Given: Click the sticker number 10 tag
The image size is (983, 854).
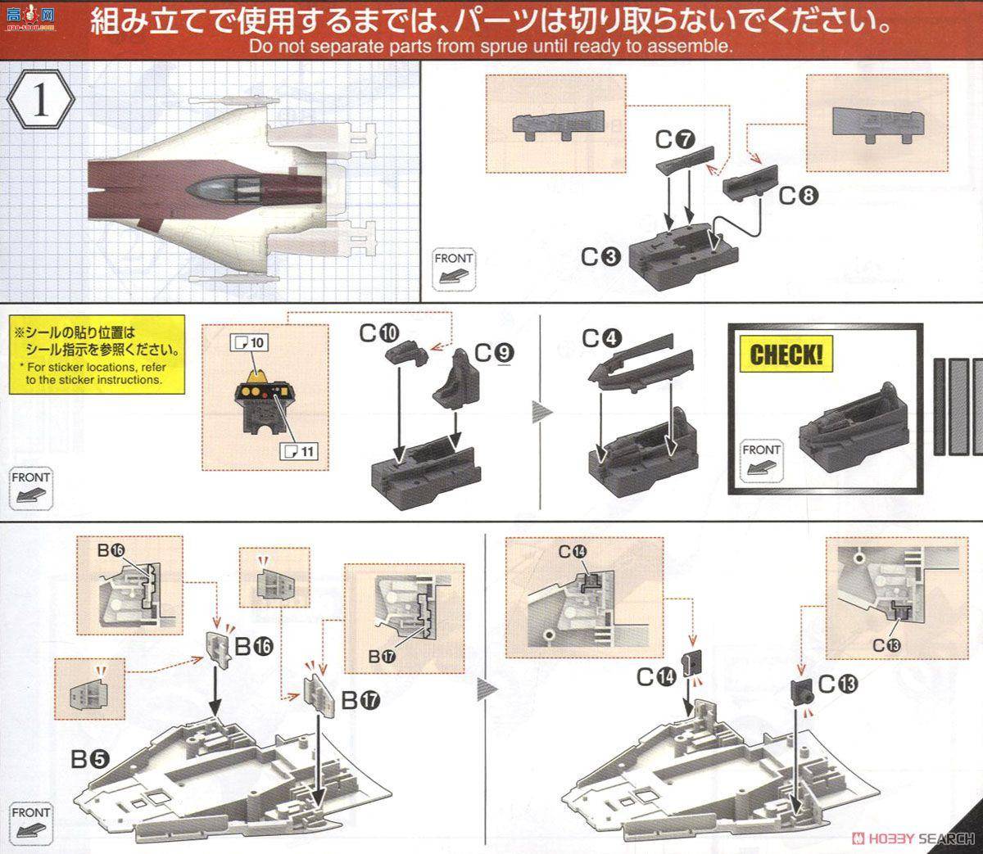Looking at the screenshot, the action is (x=251, y=343).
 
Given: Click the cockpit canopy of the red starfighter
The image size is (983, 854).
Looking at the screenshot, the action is (x=216, y=188).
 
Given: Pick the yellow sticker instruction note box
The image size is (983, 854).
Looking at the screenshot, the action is (x=99, y=356).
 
